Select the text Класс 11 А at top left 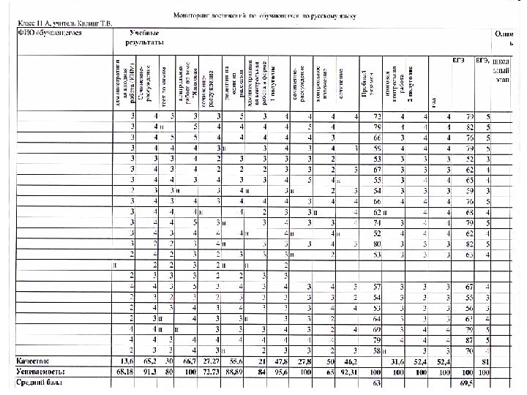(37, 23)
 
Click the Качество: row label (36, 361)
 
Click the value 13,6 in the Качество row (128, 361)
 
